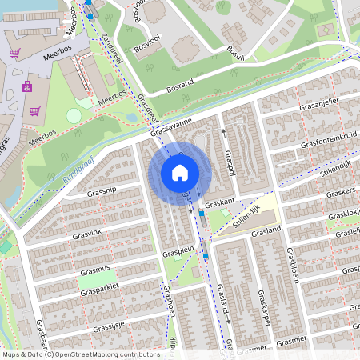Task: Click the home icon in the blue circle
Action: pyautogui.click(x=180, y=172)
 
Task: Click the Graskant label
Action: pyautogui.click(x=220, y=203)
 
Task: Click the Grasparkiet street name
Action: pyautogui.click(x=99, y=292)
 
